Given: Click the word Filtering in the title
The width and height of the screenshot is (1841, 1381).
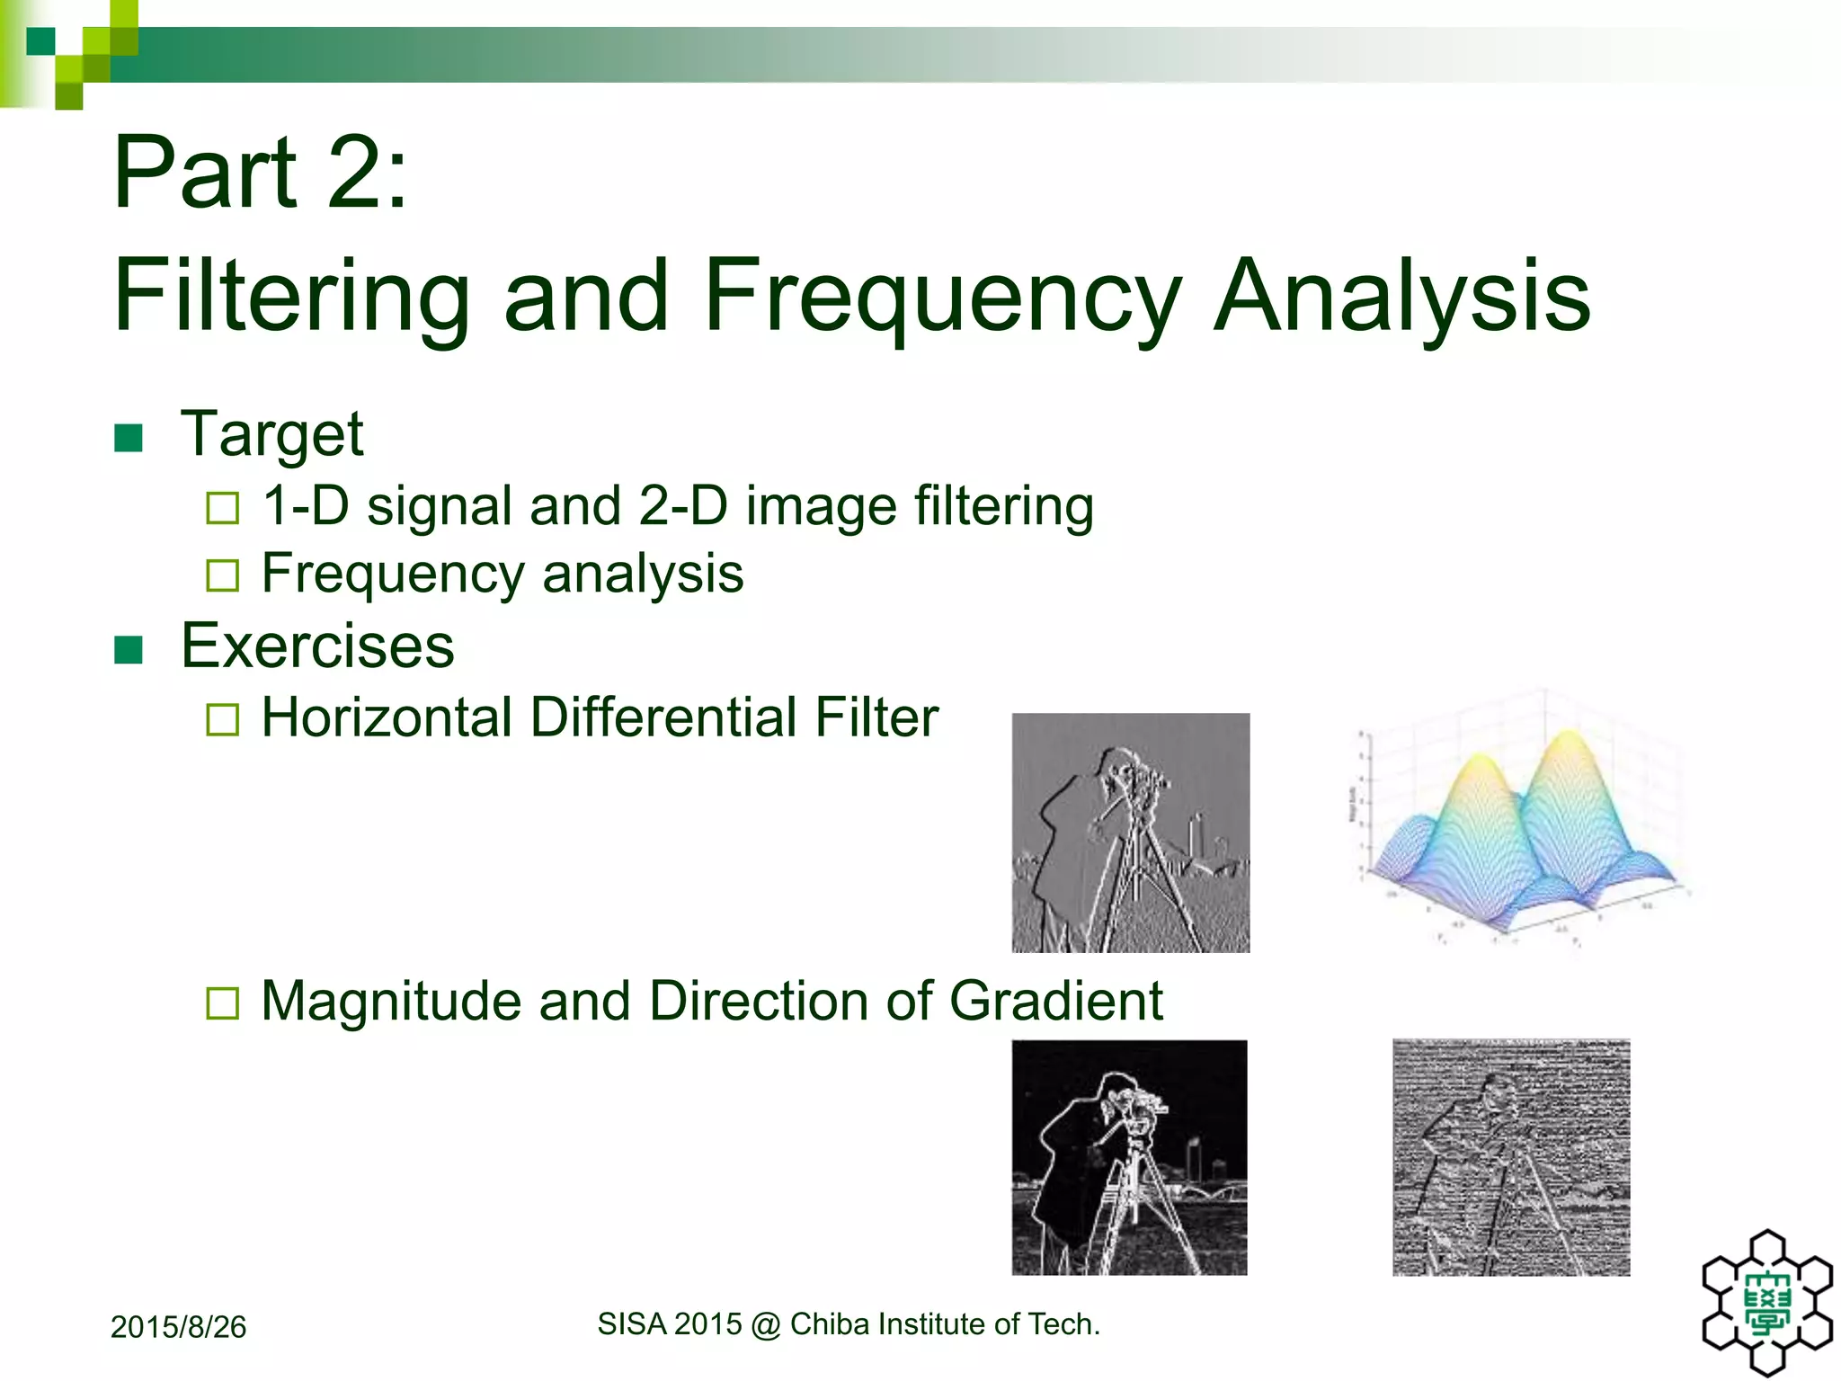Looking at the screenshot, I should (291, 297).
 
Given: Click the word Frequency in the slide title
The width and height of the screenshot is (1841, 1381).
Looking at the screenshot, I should (942, 297).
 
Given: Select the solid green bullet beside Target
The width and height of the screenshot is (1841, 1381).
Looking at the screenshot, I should (129, 438).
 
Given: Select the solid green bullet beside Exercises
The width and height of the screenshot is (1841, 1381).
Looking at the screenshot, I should (129, 649).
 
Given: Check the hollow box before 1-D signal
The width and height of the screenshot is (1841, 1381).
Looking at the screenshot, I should (222, 508).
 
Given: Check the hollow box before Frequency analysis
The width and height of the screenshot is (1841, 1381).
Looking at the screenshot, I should (222, 575).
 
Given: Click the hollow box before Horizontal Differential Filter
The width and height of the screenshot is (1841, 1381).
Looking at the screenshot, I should (222, 719).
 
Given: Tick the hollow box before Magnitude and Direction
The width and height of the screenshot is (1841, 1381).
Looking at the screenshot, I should (222, 1002).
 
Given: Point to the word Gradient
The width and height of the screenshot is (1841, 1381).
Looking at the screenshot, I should (1055, 1001).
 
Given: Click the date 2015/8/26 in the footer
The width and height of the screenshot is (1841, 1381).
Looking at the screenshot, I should (178, 1327).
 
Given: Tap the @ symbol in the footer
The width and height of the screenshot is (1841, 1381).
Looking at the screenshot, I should (765, 1324).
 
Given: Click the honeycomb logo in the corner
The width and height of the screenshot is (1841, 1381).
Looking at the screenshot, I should (1767, 1304).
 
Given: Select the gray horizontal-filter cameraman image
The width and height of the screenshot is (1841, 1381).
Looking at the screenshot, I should (1130, 833).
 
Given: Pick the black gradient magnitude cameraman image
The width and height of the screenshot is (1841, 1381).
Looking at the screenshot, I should (1129, 1157).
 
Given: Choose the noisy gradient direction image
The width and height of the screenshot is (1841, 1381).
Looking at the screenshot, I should (1511, 1157).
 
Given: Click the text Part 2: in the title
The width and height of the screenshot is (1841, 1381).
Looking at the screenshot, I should (261, 173).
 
